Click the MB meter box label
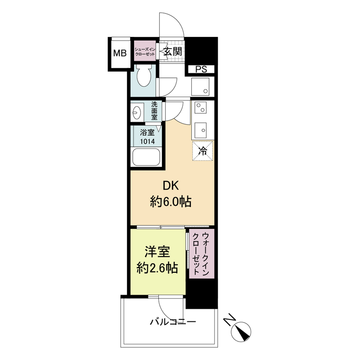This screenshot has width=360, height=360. click(x=120, y=53)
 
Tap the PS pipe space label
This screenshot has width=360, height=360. click(x=201, y=69)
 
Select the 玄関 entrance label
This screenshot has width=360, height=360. click(x=173, y=52)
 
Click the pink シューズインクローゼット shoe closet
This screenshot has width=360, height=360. click(x=144, y=51)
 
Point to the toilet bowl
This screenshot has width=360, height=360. click(x=144, y=76)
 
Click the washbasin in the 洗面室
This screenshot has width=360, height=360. click(x=137, y=112)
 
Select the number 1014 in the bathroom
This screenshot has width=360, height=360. click(x=148, y=141)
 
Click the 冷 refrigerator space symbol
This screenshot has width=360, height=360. click(x=203, y=151)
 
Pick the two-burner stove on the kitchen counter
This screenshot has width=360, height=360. click(x=200, y=108)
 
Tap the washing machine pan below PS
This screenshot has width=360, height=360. click(x=200, y=86)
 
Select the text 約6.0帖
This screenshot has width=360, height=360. click(x=171, y=202)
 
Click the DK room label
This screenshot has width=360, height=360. click(x=171, y=186)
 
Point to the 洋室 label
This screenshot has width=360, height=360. click(x=157, y=252)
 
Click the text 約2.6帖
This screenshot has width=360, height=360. click(x=157, y=267)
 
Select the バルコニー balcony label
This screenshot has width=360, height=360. click(x=173, y=322)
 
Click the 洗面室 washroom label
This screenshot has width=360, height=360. click(x=154, y=111)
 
